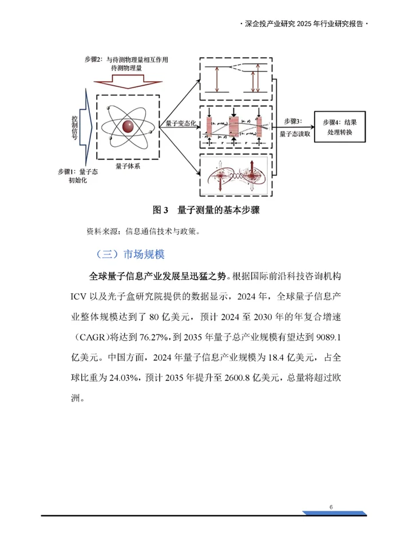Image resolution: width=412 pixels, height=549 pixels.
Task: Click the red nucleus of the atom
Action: pos(128,125)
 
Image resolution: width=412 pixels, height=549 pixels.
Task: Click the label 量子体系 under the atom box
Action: pos(127,166)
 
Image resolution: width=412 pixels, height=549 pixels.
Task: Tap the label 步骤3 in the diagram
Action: pos(295,121)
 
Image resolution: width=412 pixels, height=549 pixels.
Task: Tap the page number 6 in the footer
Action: pos(331,507)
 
